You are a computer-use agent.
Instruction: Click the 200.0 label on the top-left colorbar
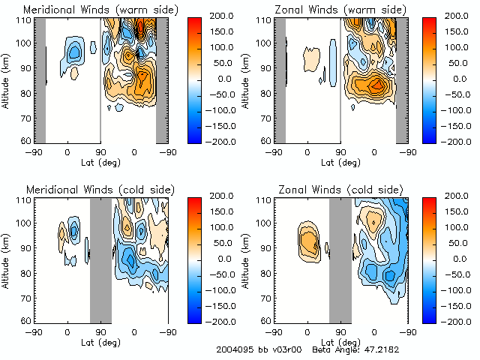(223, 16)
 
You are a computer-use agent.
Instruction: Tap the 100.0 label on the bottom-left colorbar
(223, 227)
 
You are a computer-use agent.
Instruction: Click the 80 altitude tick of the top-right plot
(266, 94)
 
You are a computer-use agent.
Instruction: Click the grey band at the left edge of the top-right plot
(280, 79)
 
